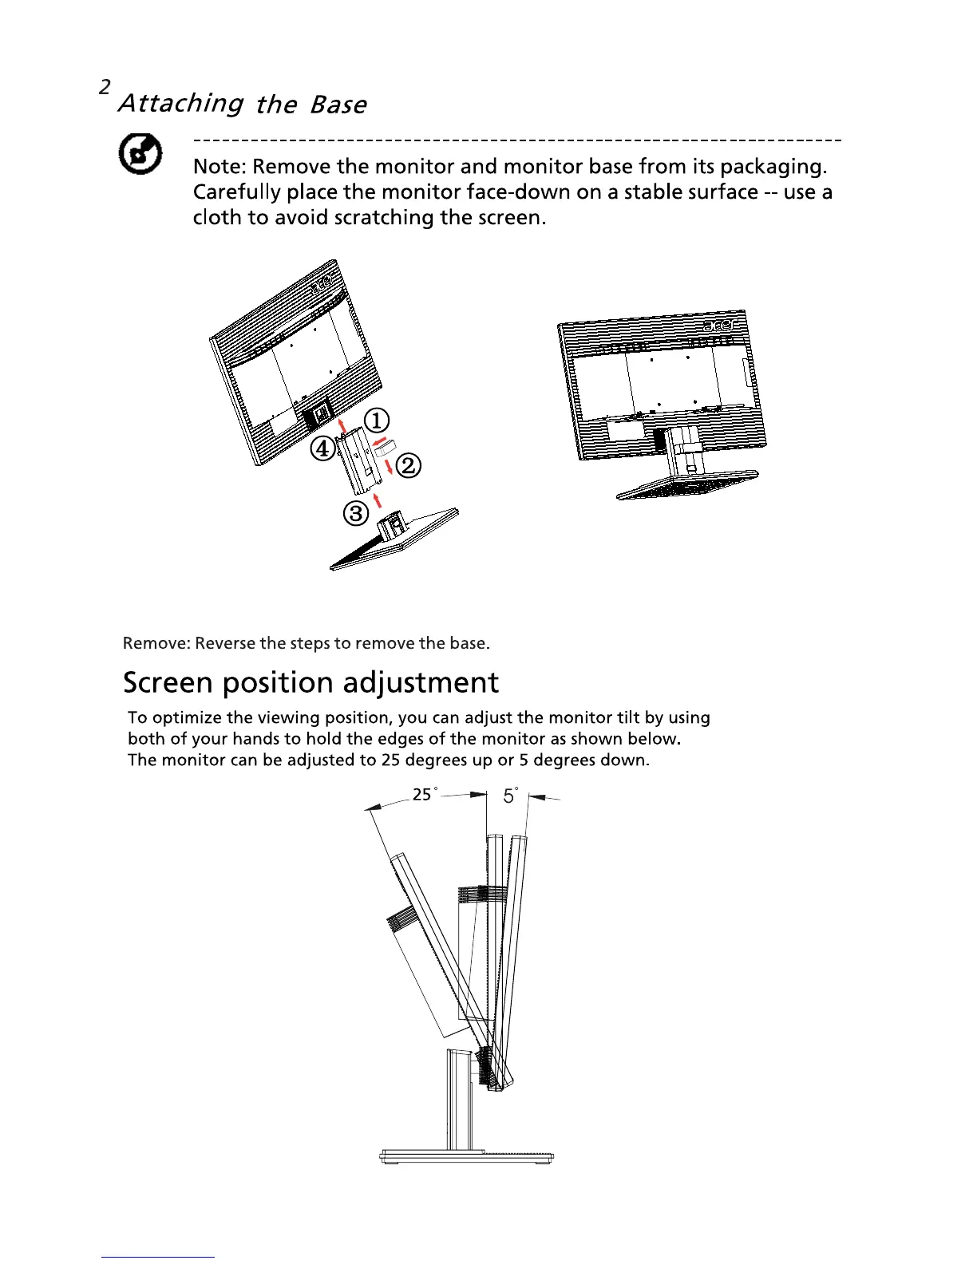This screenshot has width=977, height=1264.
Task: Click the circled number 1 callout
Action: click(377, 421)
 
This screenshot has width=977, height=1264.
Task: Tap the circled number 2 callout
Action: click(408, 465)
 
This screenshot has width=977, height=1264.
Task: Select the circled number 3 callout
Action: click(355, 513)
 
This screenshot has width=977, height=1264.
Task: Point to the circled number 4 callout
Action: click(322, 449)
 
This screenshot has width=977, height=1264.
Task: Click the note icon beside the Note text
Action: click(141, 154)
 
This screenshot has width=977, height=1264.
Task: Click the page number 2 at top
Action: click(105, 88)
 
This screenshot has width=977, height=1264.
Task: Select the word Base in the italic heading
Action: click(338, 105)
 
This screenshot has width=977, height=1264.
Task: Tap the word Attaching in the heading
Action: click(181, 104)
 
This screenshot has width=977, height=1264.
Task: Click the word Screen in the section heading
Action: click(168, 683)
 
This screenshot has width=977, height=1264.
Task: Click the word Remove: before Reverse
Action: click(156, 643)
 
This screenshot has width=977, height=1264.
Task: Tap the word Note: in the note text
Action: click(220, 167)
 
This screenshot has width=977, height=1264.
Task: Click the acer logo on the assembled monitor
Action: click(718, 325)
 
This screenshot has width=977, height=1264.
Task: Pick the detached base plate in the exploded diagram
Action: click(395, 543)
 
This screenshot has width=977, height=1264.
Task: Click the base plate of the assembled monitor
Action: click(687, 482)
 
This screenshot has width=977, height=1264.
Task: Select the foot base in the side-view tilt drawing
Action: click(466, 1156)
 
